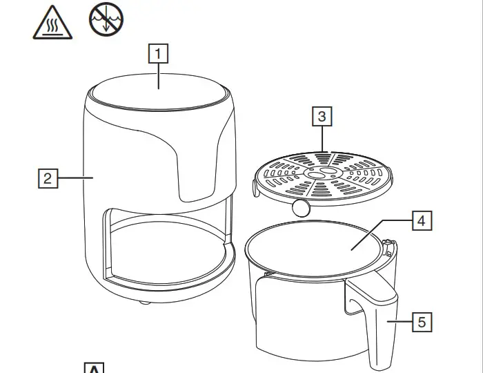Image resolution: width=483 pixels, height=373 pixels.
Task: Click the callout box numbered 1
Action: coord(159,53)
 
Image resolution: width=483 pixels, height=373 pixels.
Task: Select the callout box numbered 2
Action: coord(47,178)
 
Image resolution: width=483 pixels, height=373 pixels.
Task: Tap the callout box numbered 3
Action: coord(322,116)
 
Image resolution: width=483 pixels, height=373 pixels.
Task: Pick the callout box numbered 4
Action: coord(422,221)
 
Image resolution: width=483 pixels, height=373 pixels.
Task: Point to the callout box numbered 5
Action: coord(422,321)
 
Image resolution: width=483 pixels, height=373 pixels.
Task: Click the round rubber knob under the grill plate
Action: coord(300,207)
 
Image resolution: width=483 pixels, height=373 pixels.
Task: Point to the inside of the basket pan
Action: coord(314,249)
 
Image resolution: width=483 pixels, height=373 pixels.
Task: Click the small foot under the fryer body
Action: coord(143,302)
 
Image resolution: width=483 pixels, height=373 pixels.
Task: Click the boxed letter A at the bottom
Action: coord(93,367)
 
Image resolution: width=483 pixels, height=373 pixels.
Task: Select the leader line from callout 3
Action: coord(322,138)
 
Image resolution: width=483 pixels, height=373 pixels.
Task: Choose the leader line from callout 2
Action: coord(75,178)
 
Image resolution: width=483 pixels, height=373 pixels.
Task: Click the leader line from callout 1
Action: coord(159,75)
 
